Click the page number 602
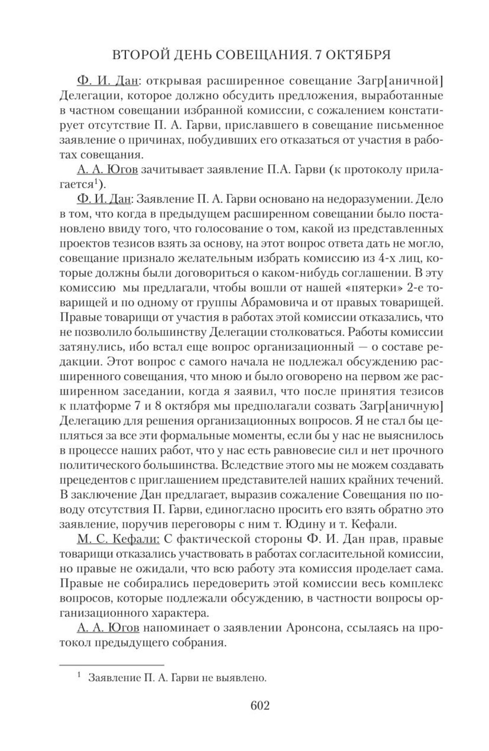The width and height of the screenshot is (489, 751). pos(260,705)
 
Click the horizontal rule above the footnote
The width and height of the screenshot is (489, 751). pos(111,664)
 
